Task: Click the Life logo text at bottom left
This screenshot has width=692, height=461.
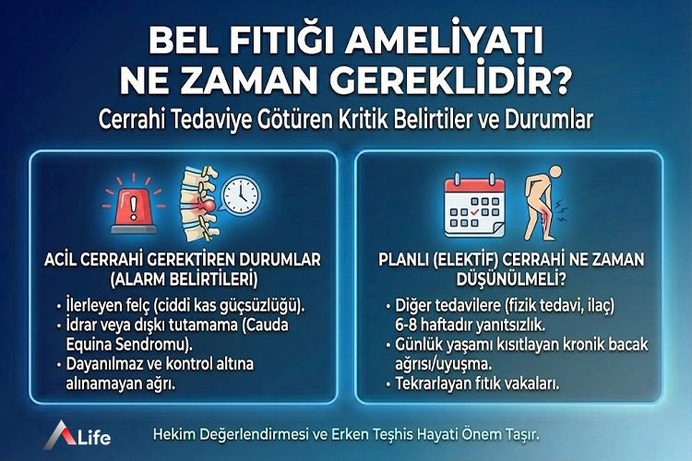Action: tap(90, 435)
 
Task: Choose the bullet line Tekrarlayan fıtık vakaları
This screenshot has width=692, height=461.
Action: tap(471, 383)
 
